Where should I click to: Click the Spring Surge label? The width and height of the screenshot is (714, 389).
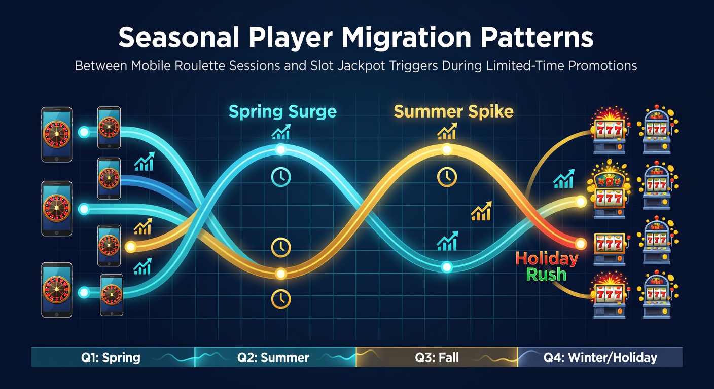coord(282,112)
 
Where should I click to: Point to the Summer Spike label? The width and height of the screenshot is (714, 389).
coord(453,112)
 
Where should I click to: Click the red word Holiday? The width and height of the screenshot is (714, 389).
coord(547,259)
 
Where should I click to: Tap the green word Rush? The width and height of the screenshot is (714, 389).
coord(546,275)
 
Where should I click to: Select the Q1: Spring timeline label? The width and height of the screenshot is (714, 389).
coord(111,357)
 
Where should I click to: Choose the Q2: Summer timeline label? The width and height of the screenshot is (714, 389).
coord(273,357)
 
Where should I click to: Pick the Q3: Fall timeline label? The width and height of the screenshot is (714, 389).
coord(437,357)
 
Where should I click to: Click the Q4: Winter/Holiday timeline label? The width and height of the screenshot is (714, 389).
coord(600,358)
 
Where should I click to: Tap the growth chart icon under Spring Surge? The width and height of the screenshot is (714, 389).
coord(281,132)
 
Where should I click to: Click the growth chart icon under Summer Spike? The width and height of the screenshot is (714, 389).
coord(447,131)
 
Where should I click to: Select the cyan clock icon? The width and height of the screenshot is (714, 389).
coord(281,177)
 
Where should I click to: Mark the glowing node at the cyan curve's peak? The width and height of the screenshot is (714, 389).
coord(280,149)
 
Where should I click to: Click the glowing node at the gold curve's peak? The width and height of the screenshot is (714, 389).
coord(447,149)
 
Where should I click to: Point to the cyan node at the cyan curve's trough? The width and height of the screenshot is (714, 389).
coord(447,267)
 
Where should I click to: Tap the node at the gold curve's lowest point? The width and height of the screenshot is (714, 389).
coord(281,274)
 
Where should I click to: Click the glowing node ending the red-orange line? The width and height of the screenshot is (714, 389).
coord(581,244)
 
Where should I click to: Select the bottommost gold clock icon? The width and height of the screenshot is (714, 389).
coord(281,299)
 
